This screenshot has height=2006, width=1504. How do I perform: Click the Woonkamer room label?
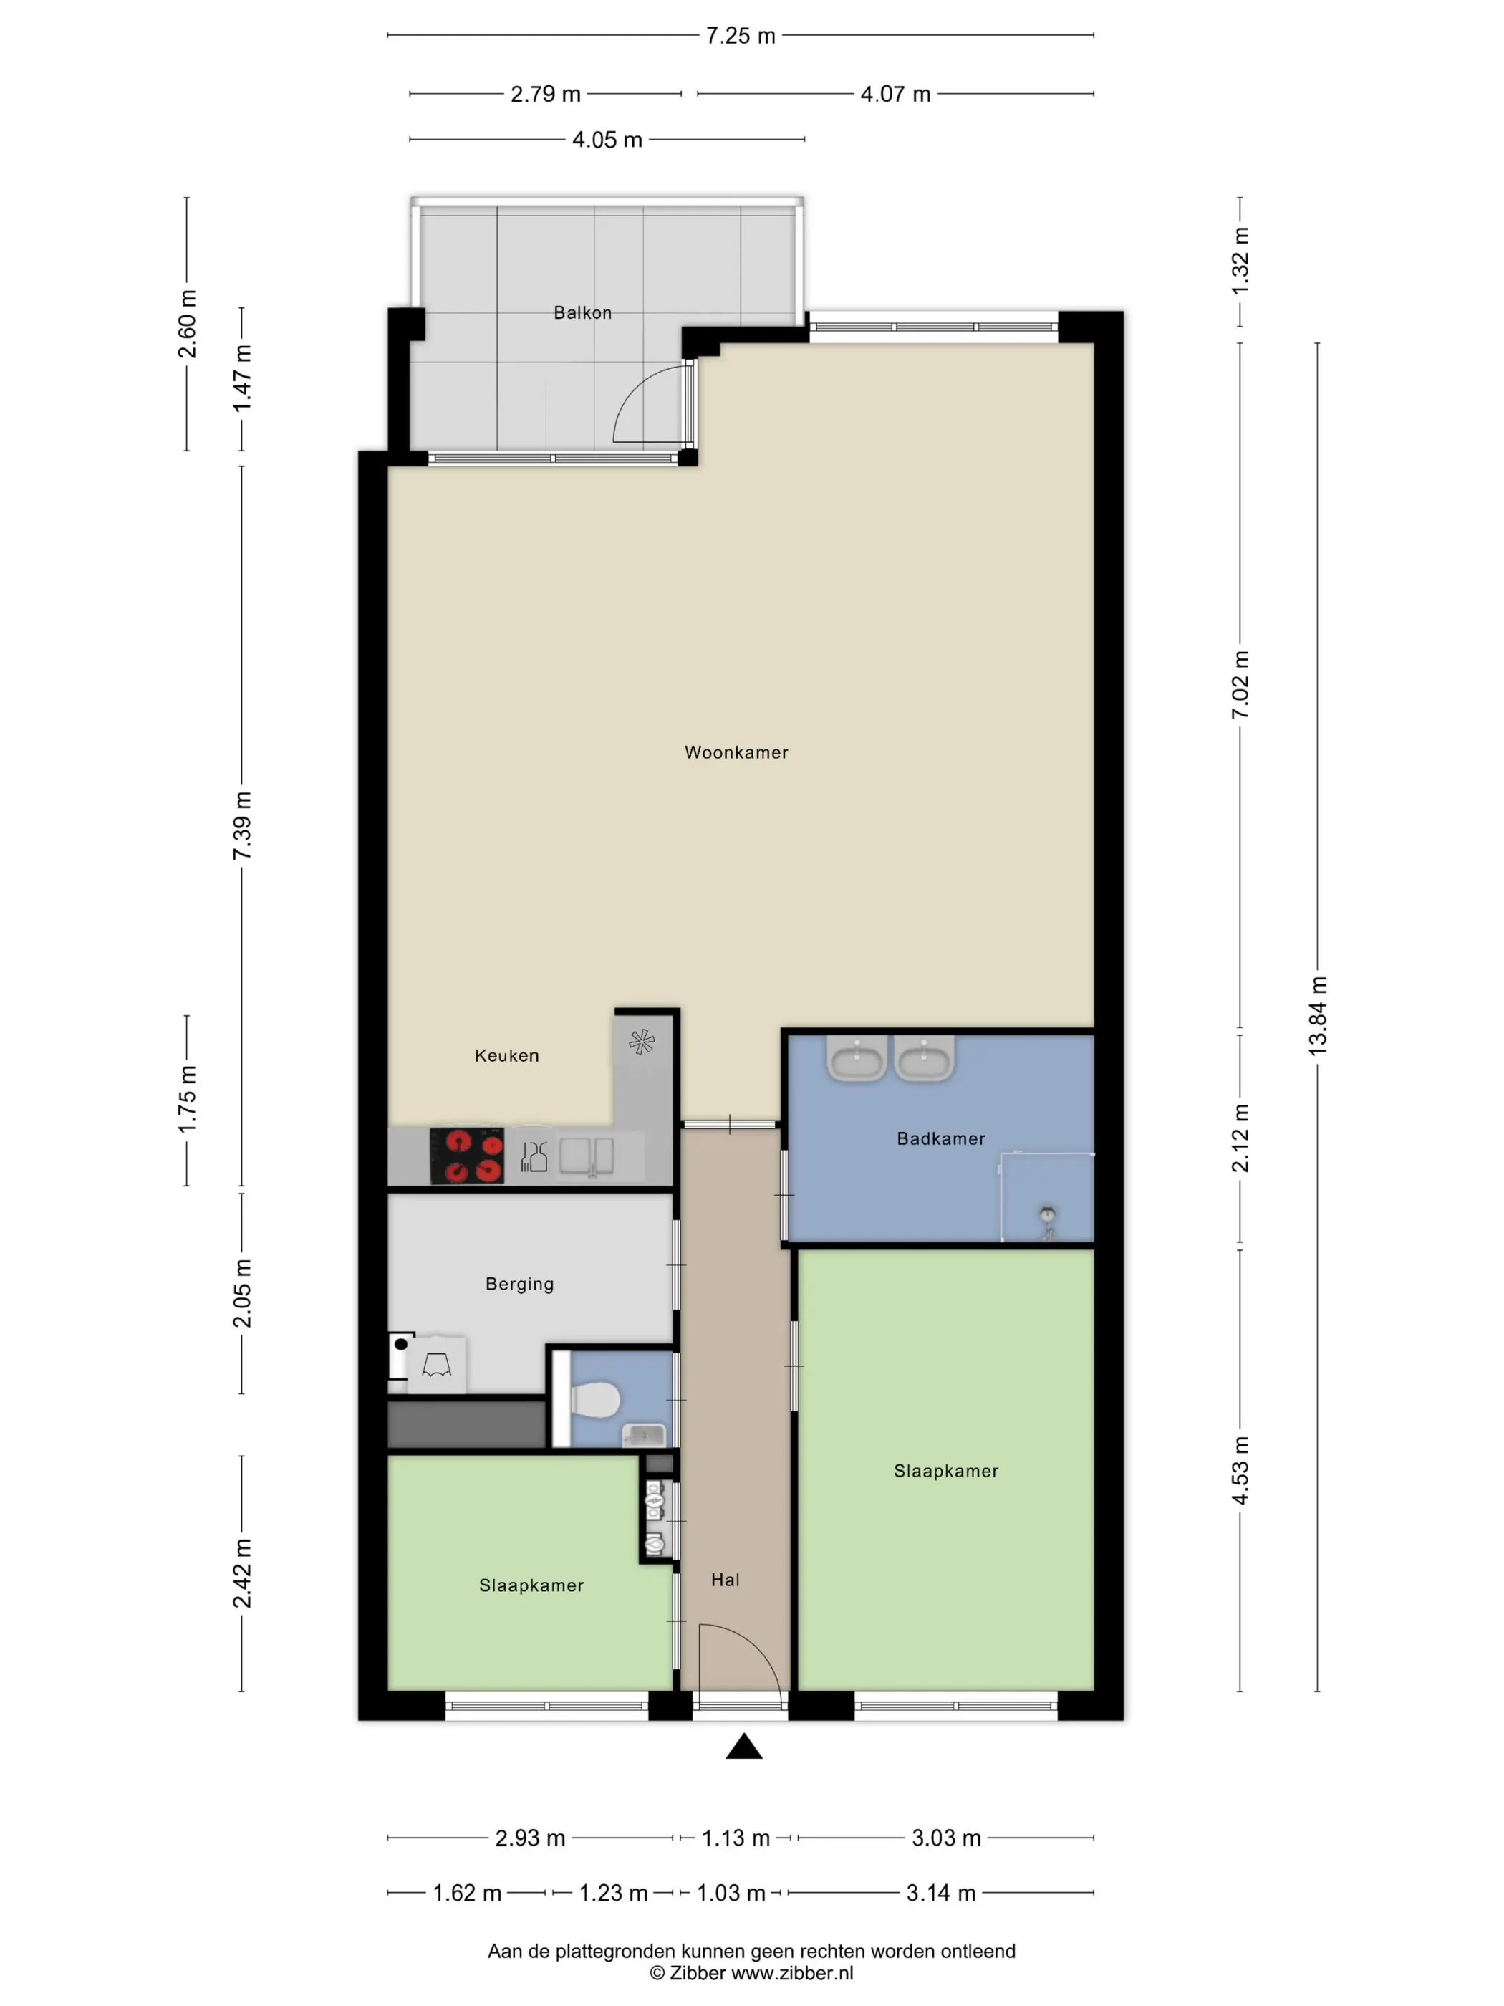[x=736, y=752]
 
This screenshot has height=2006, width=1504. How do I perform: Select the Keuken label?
[x=507, y=1055]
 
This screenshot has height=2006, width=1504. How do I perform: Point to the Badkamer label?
[x=941, y=1138]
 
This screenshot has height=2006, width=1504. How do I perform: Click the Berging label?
[x=519, y=1284]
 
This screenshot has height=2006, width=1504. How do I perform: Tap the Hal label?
[x=726, y=1580]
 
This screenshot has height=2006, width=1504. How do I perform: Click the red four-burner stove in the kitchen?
[x=467, y=1156]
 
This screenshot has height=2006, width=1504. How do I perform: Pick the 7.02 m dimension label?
[x=1240, y=686]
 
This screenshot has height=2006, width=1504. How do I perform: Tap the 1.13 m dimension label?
[x=736, y=1838]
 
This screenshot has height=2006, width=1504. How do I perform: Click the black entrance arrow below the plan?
[x=744, y=1746]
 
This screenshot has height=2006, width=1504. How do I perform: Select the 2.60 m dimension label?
[x=188, y=324]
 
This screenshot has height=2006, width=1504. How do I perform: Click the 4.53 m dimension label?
[x=1240, y=1472]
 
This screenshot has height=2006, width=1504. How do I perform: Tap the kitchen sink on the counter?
[x=587, y=1157]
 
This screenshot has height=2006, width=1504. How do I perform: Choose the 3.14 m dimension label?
[x=941, y=1894]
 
